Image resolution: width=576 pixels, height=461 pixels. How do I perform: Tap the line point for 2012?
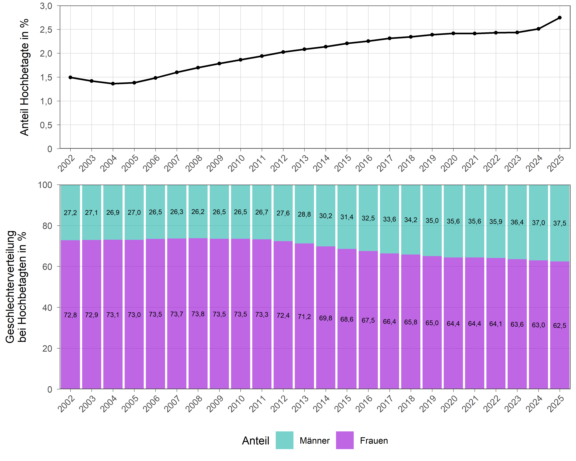[283, 52]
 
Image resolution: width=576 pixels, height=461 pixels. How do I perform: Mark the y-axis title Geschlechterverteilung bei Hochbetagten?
[16, 287]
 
